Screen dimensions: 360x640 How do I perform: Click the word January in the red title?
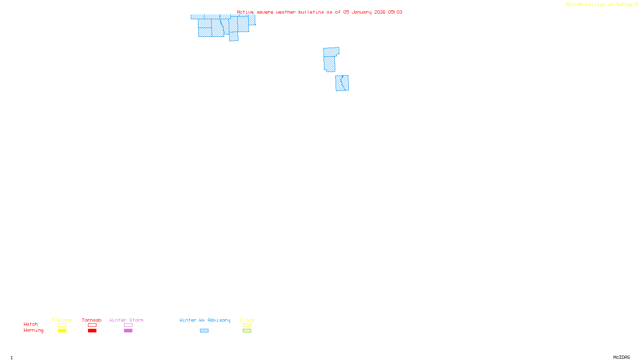362,12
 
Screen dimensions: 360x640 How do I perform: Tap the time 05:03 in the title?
395,12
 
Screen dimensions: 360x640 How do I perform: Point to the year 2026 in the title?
380,12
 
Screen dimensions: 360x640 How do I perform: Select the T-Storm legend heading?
62,320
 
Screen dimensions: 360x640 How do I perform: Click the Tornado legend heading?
92,320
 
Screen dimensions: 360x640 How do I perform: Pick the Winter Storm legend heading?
126,320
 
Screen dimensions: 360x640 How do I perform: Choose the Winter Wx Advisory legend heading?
205,320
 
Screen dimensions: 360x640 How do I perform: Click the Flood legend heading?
247,320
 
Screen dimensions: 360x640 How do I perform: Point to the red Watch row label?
31,324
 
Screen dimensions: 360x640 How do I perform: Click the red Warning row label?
34,330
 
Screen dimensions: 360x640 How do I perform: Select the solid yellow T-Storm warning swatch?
62,331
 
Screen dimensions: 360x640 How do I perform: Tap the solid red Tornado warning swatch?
92,331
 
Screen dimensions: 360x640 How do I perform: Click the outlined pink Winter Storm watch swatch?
128,325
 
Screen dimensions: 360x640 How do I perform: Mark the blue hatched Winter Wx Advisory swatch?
204,331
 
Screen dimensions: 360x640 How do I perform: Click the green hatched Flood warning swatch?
247,331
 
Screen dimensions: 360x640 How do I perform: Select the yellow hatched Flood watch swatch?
247,325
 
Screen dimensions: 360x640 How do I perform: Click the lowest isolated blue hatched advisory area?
342,83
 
